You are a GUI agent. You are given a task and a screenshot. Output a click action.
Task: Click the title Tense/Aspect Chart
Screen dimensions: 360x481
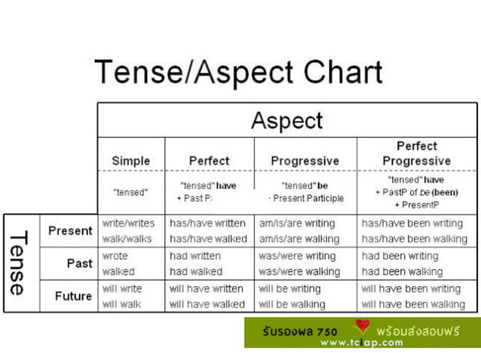coord(238,73)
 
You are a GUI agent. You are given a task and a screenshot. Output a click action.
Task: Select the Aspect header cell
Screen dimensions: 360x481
coord(286,121)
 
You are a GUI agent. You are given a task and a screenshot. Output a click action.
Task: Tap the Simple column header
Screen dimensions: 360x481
coord(131,160)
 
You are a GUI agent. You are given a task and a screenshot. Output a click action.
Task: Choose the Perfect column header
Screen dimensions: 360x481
coord(209,160)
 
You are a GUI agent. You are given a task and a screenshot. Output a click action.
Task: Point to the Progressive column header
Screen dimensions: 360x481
coord(305,160)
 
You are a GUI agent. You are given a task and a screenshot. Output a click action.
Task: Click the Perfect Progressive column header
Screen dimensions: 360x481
coord(416,153)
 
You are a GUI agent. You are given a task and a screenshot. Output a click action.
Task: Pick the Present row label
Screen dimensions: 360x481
coord(70,230)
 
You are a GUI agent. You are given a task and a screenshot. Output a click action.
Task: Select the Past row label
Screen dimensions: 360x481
coord(79,264)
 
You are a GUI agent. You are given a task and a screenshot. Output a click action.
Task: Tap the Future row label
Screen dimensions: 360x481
coord(73,296)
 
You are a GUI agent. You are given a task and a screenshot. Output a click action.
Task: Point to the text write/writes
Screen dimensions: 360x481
coord(128,224)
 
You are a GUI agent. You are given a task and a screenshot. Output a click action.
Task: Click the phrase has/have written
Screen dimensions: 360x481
coord(207,224)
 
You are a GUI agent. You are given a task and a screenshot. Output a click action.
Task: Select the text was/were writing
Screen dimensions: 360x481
coord(297,256)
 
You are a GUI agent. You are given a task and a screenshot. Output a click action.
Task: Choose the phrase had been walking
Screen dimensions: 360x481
coord(402,271)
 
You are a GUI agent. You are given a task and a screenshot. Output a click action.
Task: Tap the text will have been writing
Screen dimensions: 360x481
coord(411,288)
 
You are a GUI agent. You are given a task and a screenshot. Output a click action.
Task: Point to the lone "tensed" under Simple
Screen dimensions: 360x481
coord(130,192)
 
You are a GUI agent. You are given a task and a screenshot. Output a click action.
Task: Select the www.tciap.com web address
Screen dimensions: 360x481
coord(361,342)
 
